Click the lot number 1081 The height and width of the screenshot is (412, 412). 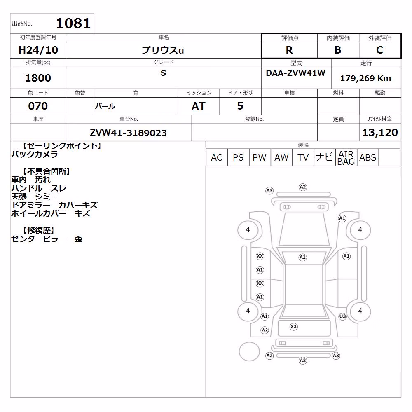[73, 23]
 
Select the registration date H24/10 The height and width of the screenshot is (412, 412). [38, 50]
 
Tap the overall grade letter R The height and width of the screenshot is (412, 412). [289, 50]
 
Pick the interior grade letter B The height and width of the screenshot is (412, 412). [338, 50]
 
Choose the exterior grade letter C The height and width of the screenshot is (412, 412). [379, 50]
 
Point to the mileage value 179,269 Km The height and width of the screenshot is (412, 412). [365, 78]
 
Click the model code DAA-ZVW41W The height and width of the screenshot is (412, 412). [295, 73]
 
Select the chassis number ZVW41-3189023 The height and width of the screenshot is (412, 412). [128, 133]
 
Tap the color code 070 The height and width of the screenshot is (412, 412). [38, 106]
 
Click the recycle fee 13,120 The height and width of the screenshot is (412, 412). [380, 132]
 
